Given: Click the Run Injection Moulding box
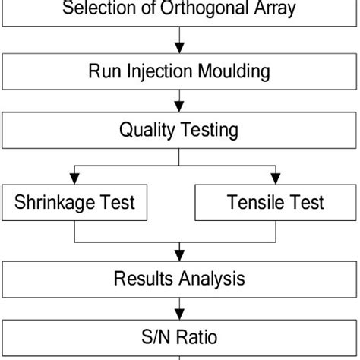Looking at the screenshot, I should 179,72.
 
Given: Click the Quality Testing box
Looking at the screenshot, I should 179,130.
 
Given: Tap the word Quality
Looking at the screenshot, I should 146,130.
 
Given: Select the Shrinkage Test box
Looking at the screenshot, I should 74,203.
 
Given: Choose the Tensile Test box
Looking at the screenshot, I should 275,203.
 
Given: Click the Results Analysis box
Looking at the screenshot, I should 179,279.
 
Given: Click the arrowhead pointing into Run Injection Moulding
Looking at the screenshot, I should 179,49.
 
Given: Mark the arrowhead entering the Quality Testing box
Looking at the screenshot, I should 179,107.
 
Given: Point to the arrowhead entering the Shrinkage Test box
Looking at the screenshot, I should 74,178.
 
